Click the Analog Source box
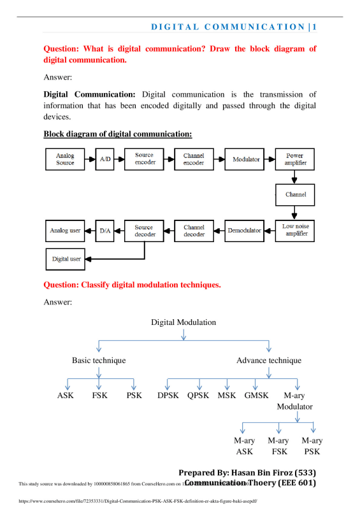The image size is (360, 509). [x=65, y=159]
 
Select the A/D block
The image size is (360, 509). [x=104, y=159]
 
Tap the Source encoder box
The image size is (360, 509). [x=145, y=159]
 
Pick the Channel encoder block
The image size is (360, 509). [x=194, y=159]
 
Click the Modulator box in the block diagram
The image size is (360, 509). [x=246, y=159]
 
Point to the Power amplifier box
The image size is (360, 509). [x=294, y=159]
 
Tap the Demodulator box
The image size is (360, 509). [x=245, y=230]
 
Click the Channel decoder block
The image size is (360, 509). [x=194, y=230]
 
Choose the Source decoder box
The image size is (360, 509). [x=144, y=230]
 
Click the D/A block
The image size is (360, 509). [x=104, y=230]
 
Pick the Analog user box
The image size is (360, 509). [x=65, y=230]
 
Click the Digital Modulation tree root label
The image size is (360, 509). [x=184, y=322]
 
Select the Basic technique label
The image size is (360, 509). [x=99, y=361]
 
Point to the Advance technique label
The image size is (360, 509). [x=269, y=361]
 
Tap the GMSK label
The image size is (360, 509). [x=257, y=396]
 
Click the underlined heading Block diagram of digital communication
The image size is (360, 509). [x=118, y=134]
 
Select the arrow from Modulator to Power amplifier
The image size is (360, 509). [x=270, y=159]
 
